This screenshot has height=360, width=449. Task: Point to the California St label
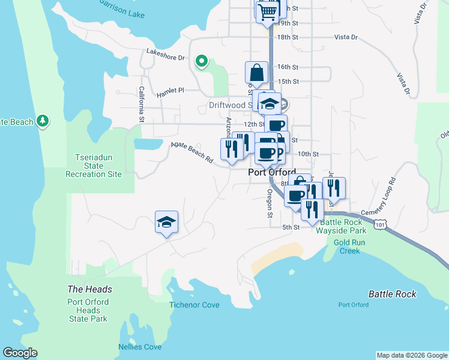tap(142, 104)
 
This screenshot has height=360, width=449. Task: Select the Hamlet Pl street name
tap(170, 92)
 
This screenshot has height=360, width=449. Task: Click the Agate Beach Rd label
tap(191, 152)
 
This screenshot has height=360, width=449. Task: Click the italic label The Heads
tap(89, 289)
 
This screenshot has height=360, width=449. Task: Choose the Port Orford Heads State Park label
tap(88, 310)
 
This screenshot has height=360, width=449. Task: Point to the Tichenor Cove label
tap(194, 305)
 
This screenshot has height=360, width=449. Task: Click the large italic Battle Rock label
tap(392, 294)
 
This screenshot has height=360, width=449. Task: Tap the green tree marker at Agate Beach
tap(42, 121)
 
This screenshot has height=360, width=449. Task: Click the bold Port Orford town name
tap(272, 172)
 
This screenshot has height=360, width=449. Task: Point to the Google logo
tap(20, 353)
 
